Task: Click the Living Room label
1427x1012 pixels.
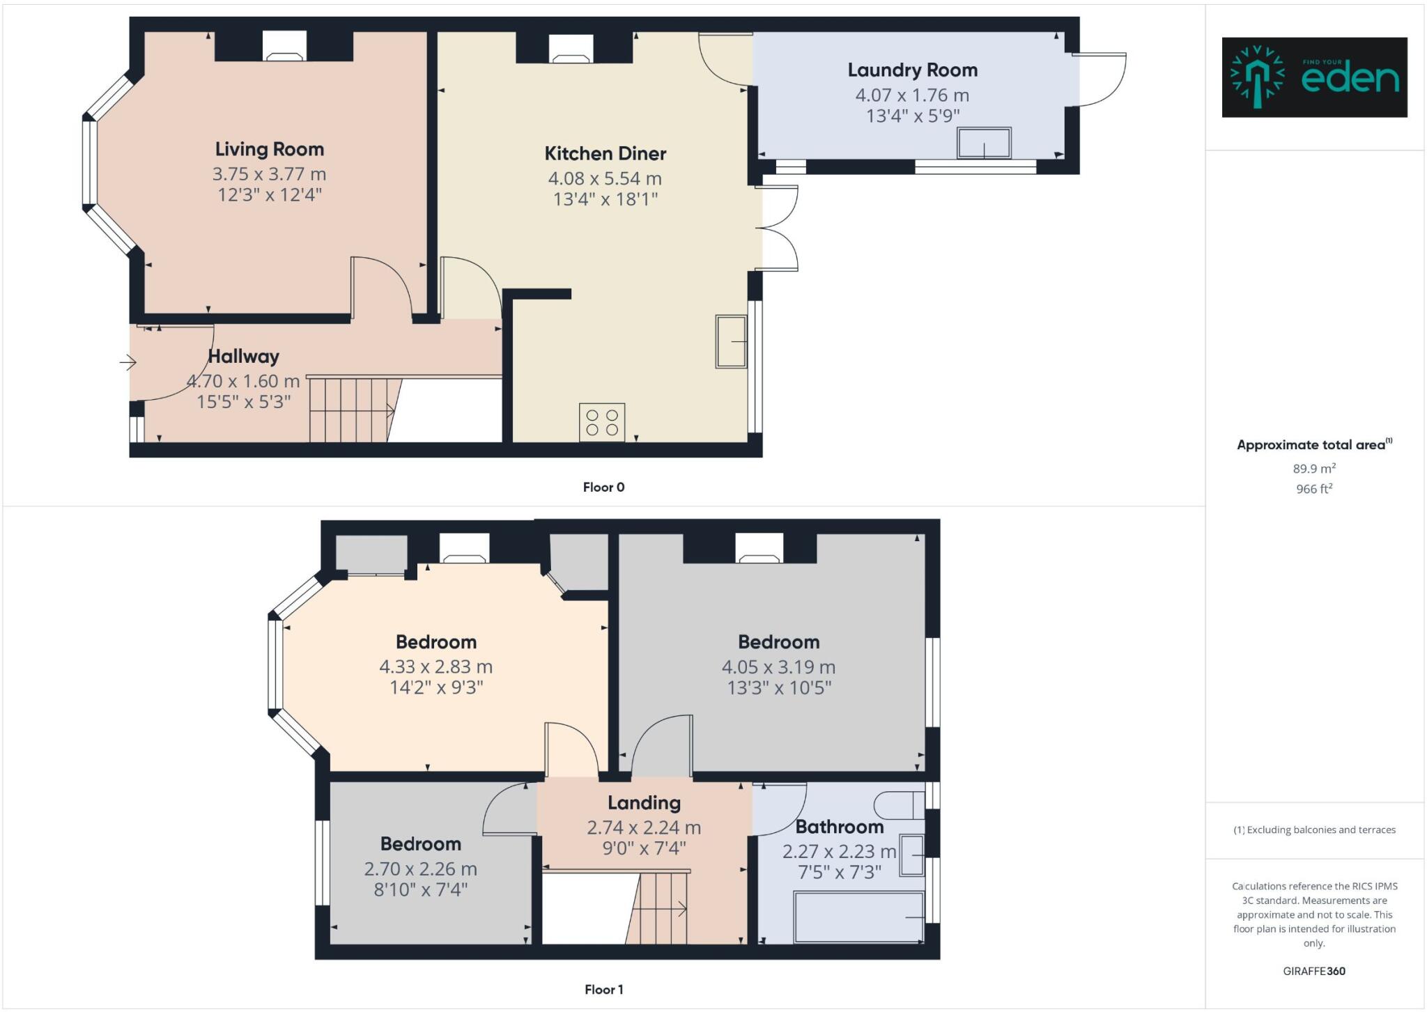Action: coord(269,150)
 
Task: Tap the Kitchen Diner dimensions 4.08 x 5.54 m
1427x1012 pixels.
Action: coord(604,179)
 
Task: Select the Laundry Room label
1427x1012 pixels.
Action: coord(912,70)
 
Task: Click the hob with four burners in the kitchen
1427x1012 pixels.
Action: coord(602,422)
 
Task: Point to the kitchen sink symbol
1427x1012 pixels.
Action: coord(731,341)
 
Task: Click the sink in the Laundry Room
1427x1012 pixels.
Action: coord(984,143)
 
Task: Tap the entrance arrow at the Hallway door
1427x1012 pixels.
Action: coord(128,362)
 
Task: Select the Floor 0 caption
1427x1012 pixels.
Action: coord(603,488)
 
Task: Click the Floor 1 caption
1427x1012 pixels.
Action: coord(603,990)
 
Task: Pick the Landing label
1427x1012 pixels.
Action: coord(644,803)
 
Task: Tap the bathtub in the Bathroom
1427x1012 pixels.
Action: coord(858,917)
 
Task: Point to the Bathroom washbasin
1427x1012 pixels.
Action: coord(912,855)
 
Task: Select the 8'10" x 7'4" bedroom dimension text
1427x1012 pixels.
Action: coord(420,889)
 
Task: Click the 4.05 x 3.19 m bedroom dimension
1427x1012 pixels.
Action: coord(778,667)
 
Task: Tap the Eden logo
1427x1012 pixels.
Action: coord(1314,77)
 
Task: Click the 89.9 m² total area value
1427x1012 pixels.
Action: coord(1314,469)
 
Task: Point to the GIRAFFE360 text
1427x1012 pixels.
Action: coord(1314,971)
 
